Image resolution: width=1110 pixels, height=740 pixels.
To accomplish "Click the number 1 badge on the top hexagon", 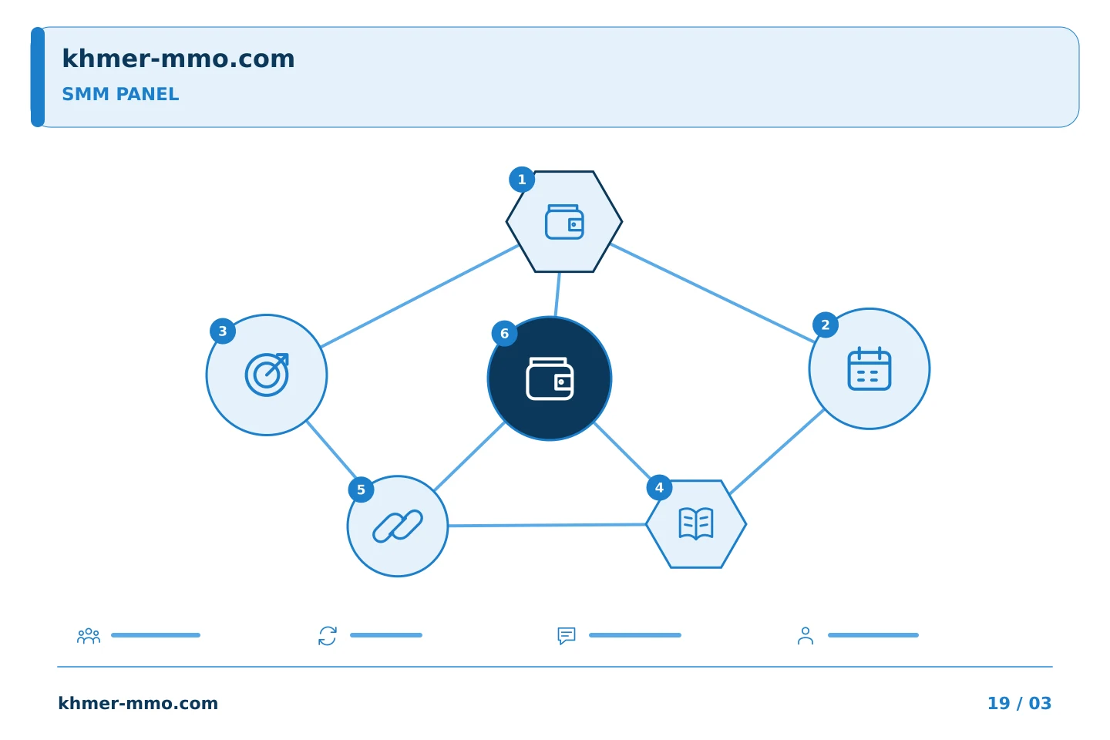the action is click(522, 180).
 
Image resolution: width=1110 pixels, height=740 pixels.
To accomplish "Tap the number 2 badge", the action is click(826, 325).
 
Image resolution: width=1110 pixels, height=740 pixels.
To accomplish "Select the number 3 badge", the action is click(223, 331).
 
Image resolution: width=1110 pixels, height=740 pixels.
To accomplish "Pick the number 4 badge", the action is click(660, 488).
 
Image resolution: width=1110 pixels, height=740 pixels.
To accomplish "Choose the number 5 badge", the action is click(362, 489).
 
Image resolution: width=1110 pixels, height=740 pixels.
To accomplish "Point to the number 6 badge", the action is click(504, 334).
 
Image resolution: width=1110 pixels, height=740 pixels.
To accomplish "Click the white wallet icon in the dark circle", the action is click(550, 378).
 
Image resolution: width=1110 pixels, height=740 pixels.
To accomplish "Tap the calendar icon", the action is click(869, 368).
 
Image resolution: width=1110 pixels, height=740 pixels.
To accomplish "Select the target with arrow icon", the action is click(267, 375).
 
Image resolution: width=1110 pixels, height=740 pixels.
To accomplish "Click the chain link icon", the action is click(398, 526).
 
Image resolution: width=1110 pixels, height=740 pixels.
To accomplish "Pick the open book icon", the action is click(696, 523).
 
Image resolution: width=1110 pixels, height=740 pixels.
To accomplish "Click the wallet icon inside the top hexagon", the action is click(564, 222).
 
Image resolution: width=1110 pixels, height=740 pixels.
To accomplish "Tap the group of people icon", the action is click(89, 636).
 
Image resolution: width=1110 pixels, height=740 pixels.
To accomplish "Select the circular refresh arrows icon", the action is click(328, 636).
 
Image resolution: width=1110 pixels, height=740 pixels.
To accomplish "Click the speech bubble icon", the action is click(567, 636).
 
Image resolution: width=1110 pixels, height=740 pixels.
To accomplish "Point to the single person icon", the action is click(806, 636).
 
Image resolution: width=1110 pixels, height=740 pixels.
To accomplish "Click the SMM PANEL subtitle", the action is click(120, 94).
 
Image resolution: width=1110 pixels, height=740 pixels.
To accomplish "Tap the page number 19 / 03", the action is click(1019, 703).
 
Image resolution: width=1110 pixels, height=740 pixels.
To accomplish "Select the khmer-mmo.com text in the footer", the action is click(138, 703).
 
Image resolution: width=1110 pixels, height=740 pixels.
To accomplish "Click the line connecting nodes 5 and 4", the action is click(547, 525).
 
